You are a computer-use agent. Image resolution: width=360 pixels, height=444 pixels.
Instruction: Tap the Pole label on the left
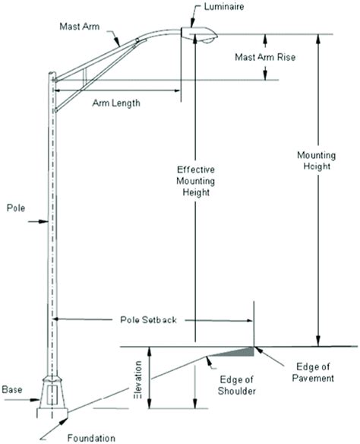pos(16,206)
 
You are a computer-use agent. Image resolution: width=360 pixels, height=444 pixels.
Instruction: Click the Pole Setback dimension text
pos(148,321)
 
